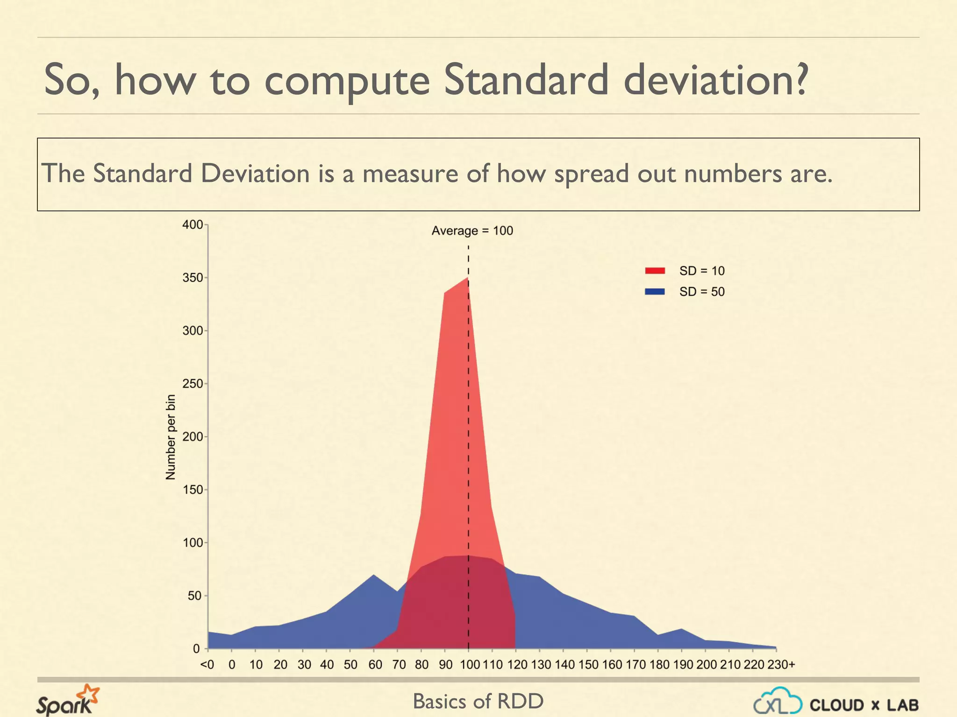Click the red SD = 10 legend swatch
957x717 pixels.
tap(655, 271)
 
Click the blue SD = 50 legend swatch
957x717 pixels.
tap(655, 292)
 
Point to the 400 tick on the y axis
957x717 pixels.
tap(193, 225)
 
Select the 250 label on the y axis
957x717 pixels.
tap(193, 384)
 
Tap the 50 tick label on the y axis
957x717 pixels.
tap(195, 596)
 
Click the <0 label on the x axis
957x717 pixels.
tap(207, 664)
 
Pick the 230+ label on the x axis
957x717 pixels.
tap(781, 664)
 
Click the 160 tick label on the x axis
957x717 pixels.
tap(612, 664)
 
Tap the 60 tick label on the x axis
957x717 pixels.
tap(375, 664)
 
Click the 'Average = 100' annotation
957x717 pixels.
tap(472, 231)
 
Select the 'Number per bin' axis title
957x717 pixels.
tap(171, 437)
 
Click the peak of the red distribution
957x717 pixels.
tap(468, 279)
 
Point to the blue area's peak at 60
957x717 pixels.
tap(373, 576)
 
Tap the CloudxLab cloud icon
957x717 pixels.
tap(778, 701)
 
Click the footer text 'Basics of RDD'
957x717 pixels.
tap(478, 701)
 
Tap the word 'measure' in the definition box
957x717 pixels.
tap(410, 174)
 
